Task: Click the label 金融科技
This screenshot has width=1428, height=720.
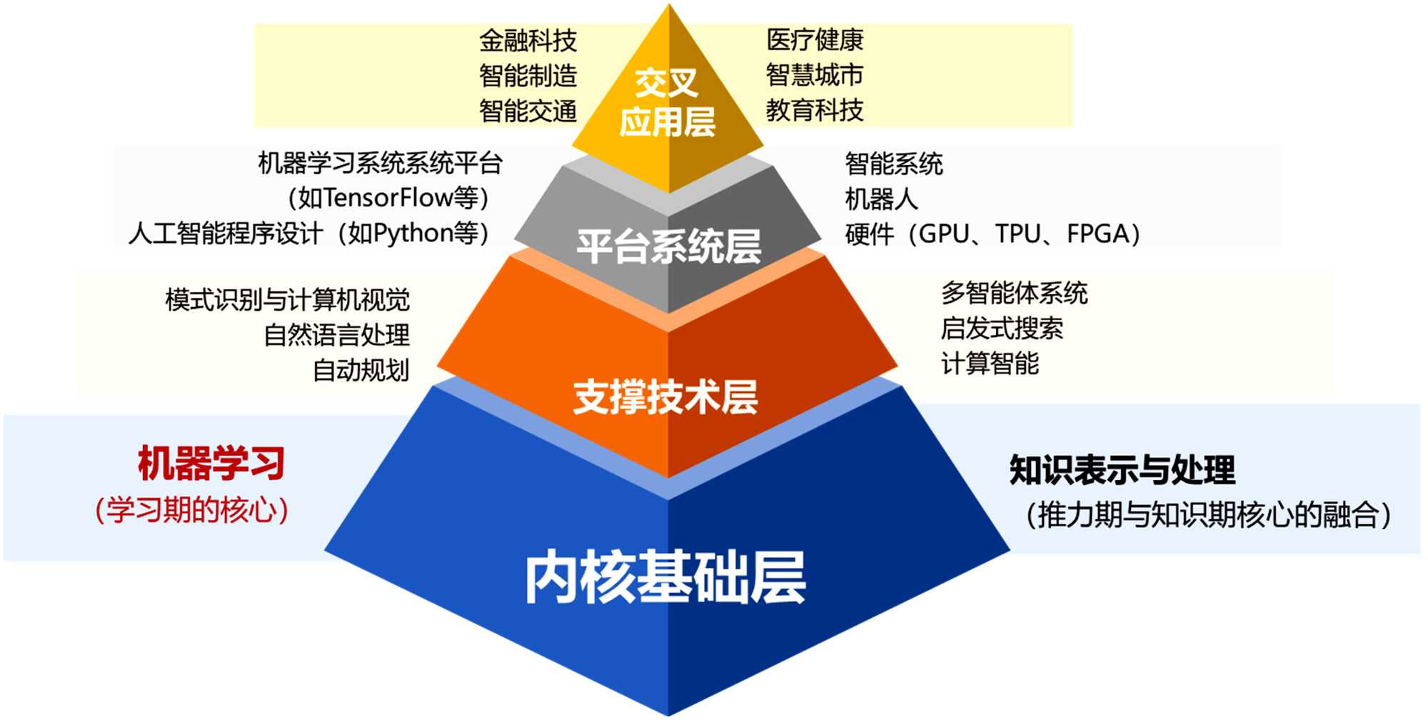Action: click(x=528, y=41)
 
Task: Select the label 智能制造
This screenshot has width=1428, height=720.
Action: click(x=528, y=76)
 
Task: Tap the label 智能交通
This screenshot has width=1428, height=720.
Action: click(x=528, y=111)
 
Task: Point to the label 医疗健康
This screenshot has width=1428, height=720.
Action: click(x=815, y=40)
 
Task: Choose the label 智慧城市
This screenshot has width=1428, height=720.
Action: click(x=815, y=75)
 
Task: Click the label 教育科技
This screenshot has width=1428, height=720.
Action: click(x=815, y=110)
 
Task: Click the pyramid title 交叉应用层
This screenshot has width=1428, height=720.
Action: click(x=667, y=102)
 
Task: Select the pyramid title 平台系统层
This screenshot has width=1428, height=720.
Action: click(x=668, y=247)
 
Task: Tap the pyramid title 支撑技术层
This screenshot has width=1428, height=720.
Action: click(x=665, y=397)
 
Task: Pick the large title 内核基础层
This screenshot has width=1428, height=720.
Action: click(x=665, y=577)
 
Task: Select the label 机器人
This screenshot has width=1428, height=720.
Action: click(x=881, y=199)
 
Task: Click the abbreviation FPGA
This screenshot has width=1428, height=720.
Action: click(x=1097, y=234)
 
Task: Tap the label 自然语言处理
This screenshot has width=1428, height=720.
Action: click(x=336, y=335)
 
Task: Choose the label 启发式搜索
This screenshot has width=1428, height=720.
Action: click(x=1001, y=329)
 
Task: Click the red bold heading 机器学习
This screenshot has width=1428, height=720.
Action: click(x=211, y=464)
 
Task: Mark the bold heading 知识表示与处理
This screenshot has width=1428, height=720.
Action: click(x=1122, y=470)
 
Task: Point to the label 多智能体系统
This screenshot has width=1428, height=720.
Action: click(x=1014, y=293)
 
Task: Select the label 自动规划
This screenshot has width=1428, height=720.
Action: click(x=361, y=370)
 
